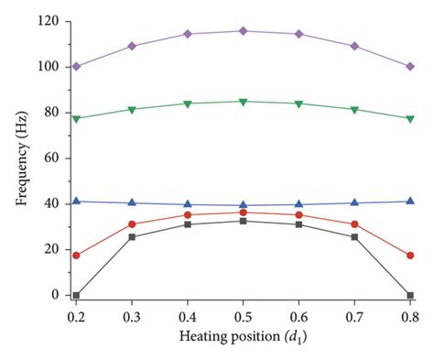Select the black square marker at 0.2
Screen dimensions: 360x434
coord(76,295)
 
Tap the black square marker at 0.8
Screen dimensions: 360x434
coord(409,295)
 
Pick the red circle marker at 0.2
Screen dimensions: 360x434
coord(76,256)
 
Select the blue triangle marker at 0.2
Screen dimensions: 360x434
coord(76,201)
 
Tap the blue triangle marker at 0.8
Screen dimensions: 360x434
coord(409,201)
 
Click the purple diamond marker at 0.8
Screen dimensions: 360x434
coord(409,66)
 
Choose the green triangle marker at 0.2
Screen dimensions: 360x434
coord(76,119)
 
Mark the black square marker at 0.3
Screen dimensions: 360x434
coord(132,237)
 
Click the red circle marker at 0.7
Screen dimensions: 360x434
coord(354,224)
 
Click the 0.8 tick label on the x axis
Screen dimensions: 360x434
coord(409,314)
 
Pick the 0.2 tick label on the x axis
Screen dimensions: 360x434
coord(76,314)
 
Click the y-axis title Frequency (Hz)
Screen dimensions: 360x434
coord(20,158)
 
